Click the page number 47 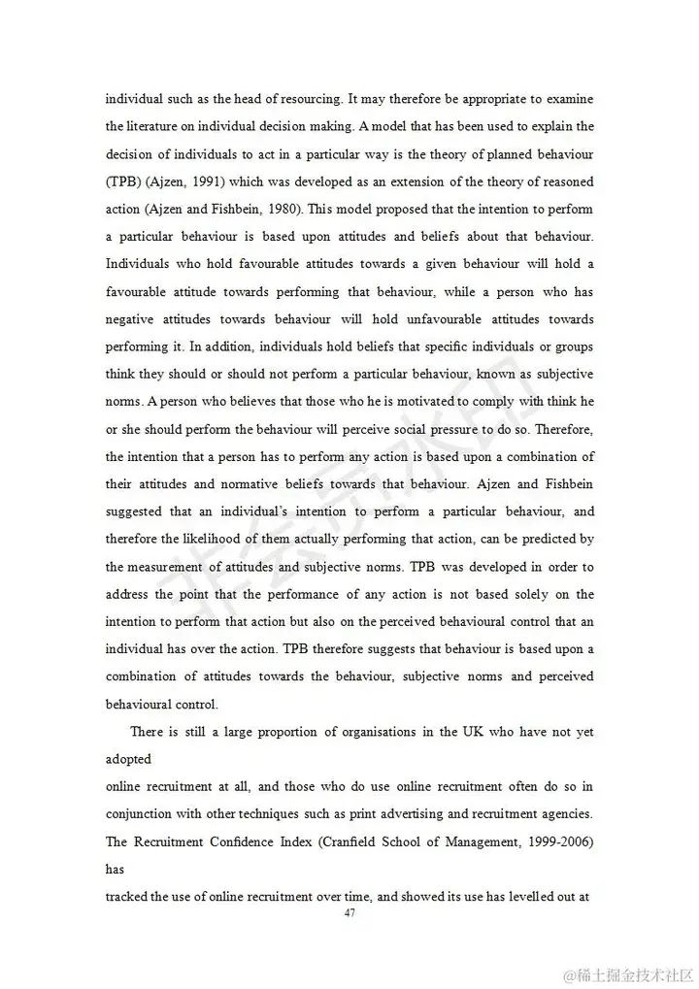350,913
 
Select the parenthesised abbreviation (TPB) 122,181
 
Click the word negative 131,319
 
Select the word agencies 564,814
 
